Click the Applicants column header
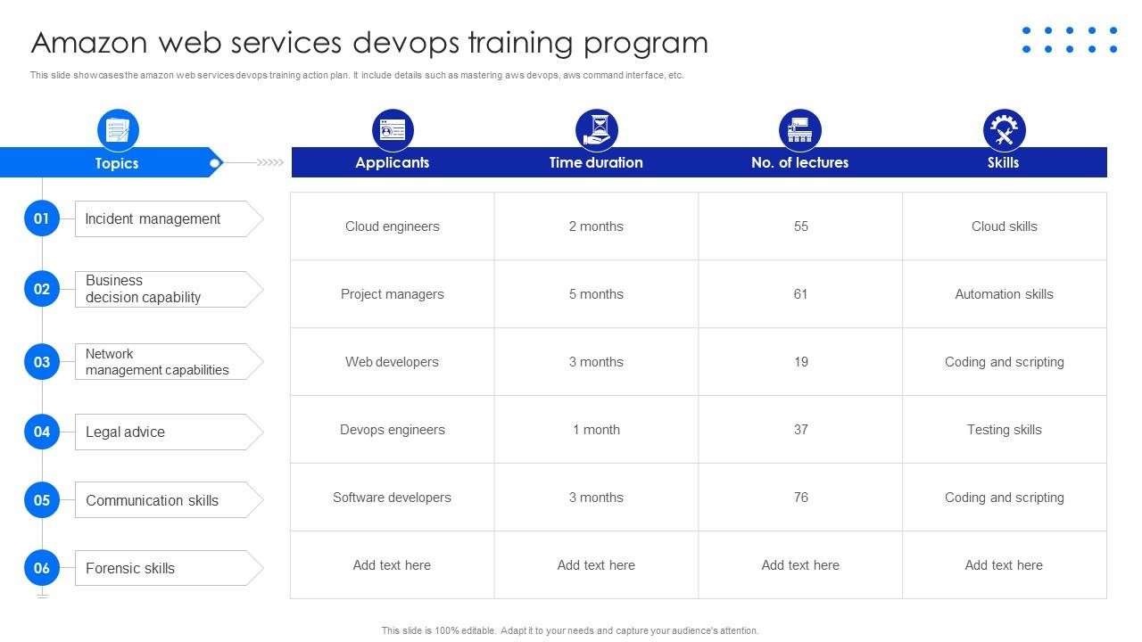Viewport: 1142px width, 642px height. click(x=392, y=162)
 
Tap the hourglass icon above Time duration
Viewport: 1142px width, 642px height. click(x=596, y=130)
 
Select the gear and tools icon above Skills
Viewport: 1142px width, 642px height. click(x=1004, y=130)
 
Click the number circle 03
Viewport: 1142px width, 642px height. click(x=42, y=362)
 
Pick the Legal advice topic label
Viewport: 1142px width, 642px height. click(x=125, y=432)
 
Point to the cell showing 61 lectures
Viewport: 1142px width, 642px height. click(x=800, y=294)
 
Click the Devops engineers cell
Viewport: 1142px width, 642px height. click(x=392, y=430)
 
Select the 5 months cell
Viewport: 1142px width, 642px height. click(x=596, y=294)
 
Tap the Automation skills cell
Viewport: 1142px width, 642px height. click(x=1004, y=294)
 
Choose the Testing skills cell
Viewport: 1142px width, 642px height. click(x=1004, y=430)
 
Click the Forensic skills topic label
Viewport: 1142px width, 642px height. click(x=130, y=569)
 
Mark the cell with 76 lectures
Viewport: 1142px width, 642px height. click(x=800, y=498)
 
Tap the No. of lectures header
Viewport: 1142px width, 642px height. click(x=799, y=162)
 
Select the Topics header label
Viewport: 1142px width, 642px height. click(x=117, y=163)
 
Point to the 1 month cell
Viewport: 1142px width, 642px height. click(x=596, y=430)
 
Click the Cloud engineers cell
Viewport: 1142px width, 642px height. click(x=392, y=226)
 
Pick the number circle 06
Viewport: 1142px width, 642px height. click(x=42, y=568)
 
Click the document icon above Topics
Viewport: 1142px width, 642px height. click(x=118, y=130)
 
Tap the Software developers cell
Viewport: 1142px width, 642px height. click(x=392, y=498)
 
